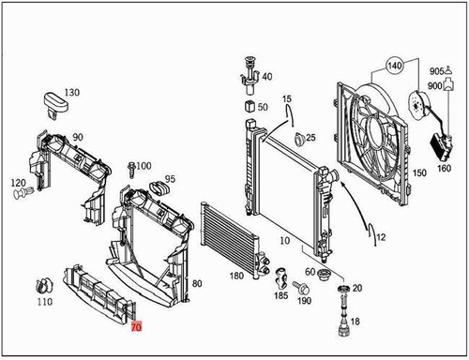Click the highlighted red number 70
(137, 328)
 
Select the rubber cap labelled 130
(53, 102)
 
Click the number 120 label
(18, 182)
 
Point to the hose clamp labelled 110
(40, 284)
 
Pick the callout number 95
(170, 179)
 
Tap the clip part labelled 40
(249, 75)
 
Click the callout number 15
(287, 98)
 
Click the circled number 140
(394, 67)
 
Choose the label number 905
(437, 71)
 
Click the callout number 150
(418, 172)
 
